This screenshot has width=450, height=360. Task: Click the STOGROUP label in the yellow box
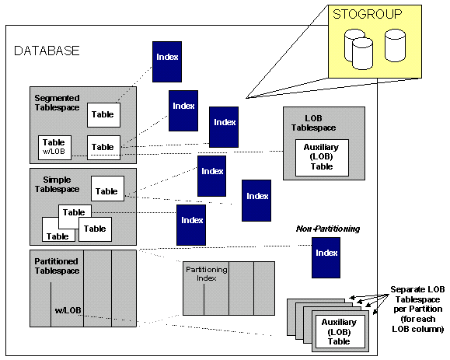click(368, 14)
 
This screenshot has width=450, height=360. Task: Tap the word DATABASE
click(47, 51)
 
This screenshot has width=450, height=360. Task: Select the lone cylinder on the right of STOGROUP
click(395, 45)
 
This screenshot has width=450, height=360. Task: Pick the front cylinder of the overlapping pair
click(362, 54)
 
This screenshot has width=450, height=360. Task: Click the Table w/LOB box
click(55, 148)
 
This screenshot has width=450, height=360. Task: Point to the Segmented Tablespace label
click(57, 103)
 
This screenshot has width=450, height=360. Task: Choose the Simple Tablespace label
click(57, 184)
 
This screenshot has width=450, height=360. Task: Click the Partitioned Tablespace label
click(57, 266)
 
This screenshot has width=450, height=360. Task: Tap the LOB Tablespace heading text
click(314, 123)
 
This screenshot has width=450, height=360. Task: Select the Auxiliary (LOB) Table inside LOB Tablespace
click(322, 158)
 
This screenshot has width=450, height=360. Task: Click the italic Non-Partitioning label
click(328, 229)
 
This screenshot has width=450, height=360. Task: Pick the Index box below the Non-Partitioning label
click(326, 257)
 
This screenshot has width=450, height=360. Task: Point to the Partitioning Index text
click(206, 274)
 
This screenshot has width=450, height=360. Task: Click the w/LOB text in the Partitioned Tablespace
click(68, 310)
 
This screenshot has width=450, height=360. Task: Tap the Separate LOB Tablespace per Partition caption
click(418, 309)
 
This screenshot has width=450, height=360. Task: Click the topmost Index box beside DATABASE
click(167, 61)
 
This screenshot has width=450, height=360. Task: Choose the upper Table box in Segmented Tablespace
click(103, 115)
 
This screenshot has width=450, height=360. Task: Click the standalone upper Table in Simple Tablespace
click(107, 189)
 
